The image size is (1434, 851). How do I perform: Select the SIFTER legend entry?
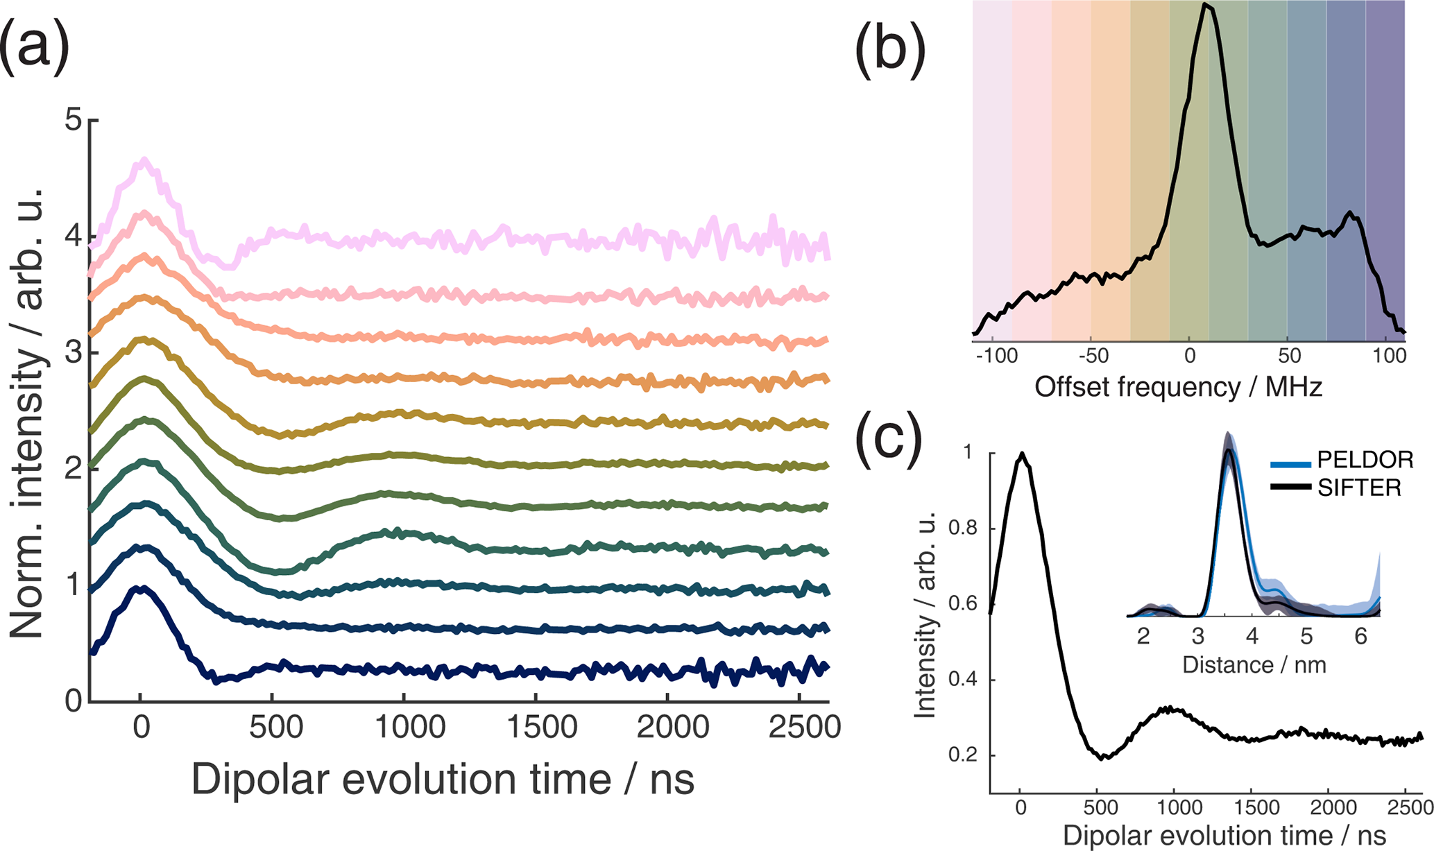(x=1359, y=488)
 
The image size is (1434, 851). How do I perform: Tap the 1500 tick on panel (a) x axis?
(x=536, y=728)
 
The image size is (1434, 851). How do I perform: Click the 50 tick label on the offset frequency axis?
(x=1289, y=356)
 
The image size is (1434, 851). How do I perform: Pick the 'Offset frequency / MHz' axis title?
(x=1178, y=387)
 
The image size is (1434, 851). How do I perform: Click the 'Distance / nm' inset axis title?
(x=1254, y=665)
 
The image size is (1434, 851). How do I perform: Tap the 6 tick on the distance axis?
(x=1360, y=636)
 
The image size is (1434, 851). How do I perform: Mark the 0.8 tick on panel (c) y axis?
(x=969, y=529)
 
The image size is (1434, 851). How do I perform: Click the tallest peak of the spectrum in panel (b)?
(x=1206, y=5)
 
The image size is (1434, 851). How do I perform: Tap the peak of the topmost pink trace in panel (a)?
(x=144, y=160)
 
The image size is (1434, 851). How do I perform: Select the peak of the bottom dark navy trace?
(x=141, y=589)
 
